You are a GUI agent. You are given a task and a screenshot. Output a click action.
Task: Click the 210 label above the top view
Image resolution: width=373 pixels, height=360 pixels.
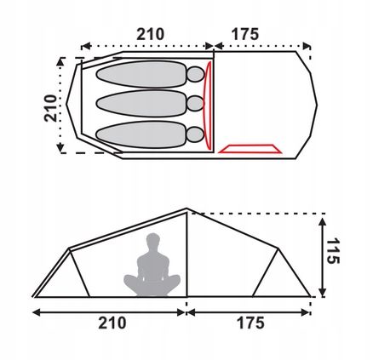(150, 34)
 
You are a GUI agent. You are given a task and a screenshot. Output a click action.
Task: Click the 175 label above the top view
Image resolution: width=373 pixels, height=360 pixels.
(245, 34)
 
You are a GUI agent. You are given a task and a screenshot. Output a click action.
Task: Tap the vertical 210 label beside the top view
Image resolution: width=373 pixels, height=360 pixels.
(51, 108)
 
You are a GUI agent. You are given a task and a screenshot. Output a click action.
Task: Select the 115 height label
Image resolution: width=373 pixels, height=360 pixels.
(333, 251)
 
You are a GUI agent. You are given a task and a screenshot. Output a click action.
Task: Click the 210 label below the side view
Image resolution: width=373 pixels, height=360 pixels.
(112, 323)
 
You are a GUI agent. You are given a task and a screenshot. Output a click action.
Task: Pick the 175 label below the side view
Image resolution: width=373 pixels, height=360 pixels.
(250, 323)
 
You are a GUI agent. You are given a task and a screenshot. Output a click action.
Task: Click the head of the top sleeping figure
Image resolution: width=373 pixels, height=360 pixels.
(195, 74)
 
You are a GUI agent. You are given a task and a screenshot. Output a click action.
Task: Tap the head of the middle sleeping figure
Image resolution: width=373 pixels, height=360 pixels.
(195, 104)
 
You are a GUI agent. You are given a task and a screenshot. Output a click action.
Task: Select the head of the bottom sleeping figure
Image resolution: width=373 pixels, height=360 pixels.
(195, 134)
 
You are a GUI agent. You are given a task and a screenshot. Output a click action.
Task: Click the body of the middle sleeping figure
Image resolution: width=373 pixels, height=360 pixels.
(141, 104)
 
